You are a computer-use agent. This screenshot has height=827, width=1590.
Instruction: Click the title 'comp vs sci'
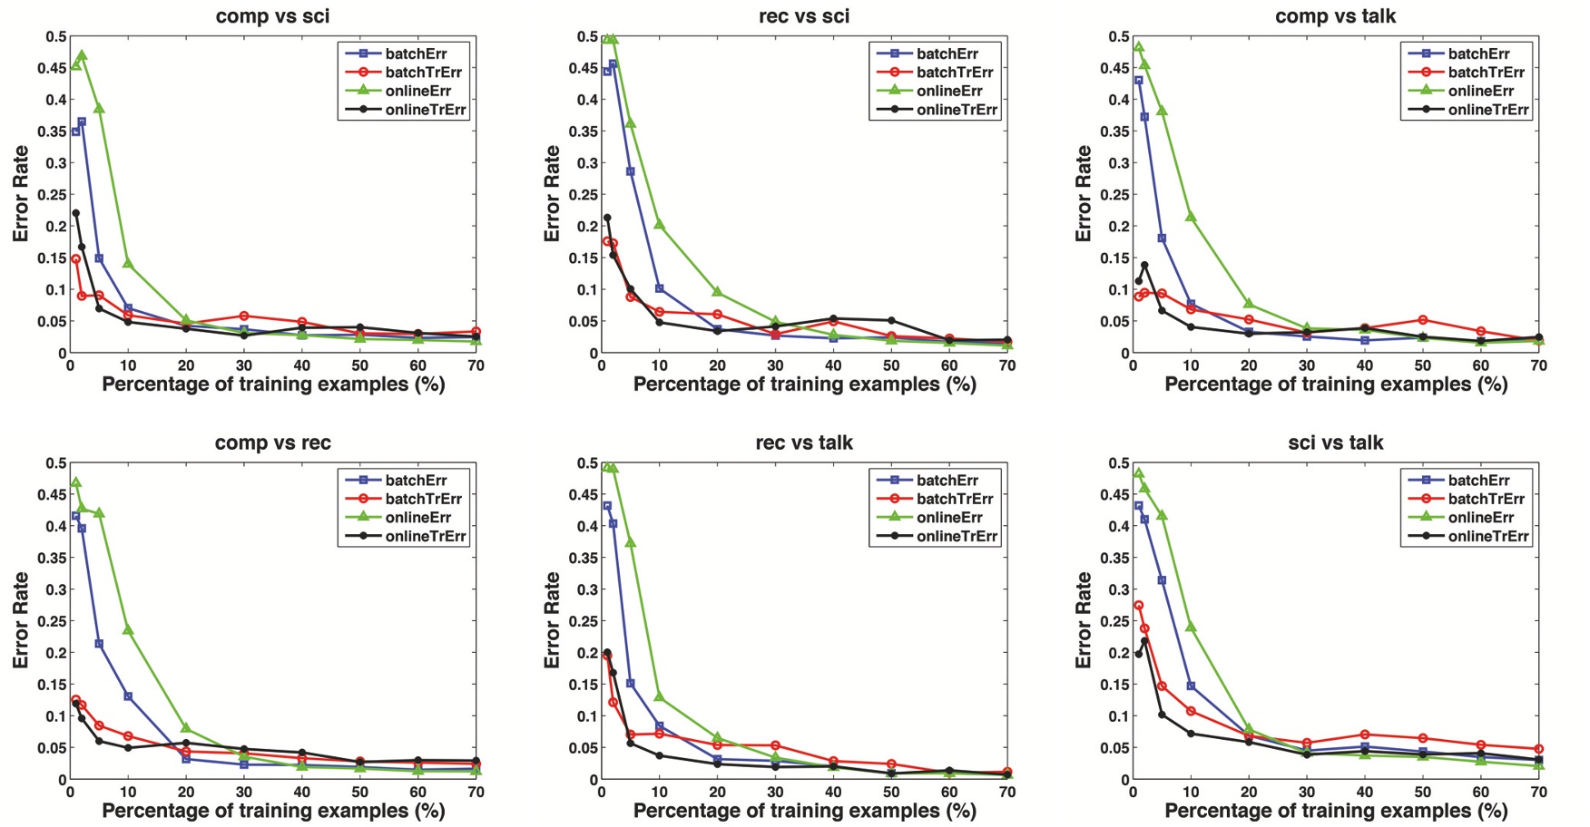(x=272, y=16)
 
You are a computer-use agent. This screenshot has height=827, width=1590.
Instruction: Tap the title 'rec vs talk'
(x=804, y=443)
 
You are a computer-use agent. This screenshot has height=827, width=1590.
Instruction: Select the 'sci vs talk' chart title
(x=1335, y=443)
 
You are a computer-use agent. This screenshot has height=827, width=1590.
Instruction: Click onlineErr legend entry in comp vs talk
(x=1480, y=91)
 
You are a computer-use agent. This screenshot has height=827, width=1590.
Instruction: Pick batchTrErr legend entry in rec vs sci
(x=954, y=72)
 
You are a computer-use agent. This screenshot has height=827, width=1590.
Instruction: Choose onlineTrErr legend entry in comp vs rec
(x=425, y=536)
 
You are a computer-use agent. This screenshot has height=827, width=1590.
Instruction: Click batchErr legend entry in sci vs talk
(x=1478, y=480)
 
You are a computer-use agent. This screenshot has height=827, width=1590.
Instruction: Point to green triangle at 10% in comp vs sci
(x=128, y=263)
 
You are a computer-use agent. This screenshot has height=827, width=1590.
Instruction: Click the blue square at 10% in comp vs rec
(x=128, y=696)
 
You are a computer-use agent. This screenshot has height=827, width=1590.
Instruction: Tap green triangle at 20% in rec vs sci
(x=717, y=292)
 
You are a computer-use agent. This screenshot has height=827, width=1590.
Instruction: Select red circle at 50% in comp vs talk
(x=1422, y=320)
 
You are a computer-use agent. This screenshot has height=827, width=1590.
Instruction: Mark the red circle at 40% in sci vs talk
(x=1364, y=735)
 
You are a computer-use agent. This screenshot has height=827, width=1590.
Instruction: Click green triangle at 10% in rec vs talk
(x=659, y=696)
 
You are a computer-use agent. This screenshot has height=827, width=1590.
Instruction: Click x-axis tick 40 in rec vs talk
(x=833, y=792)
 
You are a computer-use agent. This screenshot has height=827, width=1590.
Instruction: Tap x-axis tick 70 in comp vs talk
(x=1538, y=365)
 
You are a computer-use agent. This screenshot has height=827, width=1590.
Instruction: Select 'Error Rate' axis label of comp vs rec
(x=20, y=620)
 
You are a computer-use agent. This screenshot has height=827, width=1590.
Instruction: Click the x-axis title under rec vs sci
(x=804, y=384)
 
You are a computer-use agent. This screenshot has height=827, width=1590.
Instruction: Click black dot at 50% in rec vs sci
(x=891, y=320)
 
